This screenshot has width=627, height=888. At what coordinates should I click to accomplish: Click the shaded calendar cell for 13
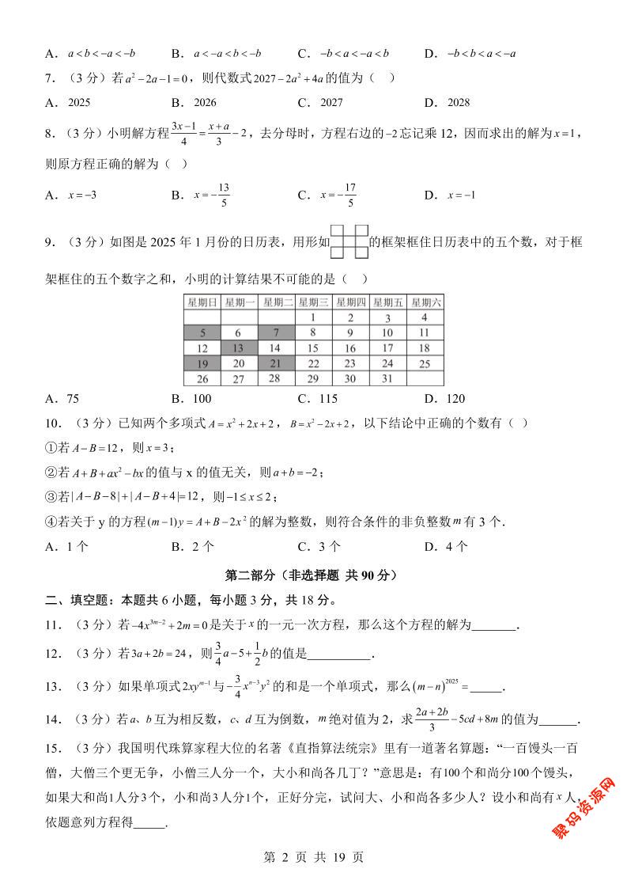(x=239, y=347)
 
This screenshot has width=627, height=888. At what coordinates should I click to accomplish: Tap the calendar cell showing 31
(x=387, y=378)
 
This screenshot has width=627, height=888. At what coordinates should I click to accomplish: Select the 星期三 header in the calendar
(x=313, y=302)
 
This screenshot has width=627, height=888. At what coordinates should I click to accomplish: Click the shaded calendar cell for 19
(x=202, y=363)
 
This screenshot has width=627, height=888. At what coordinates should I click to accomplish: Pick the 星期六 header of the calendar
(x=425, y=302)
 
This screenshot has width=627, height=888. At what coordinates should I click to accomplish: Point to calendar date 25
(x=425, y=363)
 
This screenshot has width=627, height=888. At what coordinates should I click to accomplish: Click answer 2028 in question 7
(x=458, y=102)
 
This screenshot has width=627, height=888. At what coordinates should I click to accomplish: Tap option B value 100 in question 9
(x=202, y=399)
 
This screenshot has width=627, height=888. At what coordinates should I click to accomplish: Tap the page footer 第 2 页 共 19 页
(x=313, y=857)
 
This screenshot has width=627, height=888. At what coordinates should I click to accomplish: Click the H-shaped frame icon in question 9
(x=349, y=243)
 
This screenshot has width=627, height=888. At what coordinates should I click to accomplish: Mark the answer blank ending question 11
(x=494, y=626)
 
